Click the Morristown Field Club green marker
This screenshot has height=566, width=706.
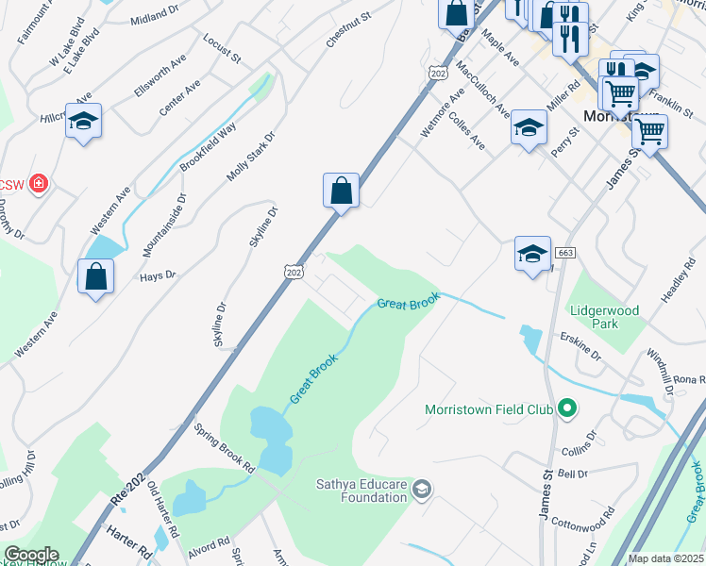[566, 409]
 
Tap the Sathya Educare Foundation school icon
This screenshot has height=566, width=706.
[422, 488]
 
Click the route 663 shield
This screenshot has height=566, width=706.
[565, 253]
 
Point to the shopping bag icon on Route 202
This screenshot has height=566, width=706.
[341, 191]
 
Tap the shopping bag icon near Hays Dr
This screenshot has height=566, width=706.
[95, 276]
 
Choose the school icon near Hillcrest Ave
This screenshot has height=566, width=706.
[83, 121]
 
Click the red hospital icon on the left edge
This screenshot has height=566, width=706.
[38, 182]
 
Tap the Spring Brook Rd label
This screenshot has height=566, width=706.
[225, 447]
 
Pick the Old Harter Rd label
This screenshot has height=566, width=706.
[162, 509]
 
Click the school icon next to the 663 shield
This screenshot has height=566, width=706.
[532, 253]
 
